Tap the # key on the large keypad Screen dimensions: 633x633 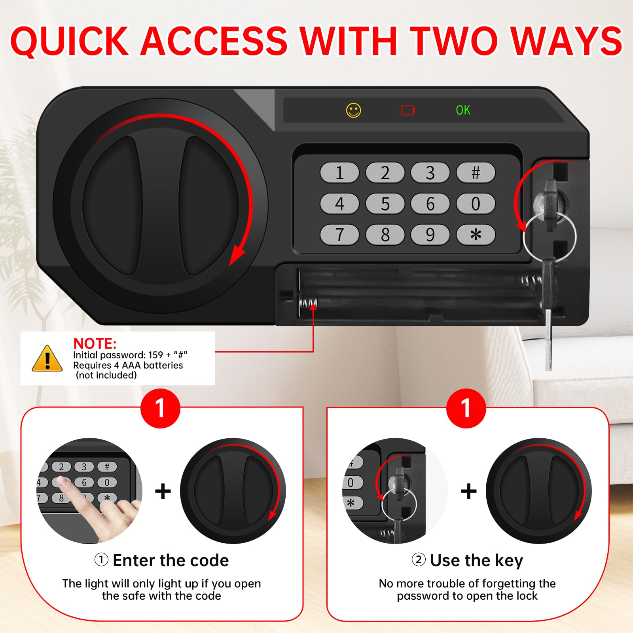[x=476, y=172]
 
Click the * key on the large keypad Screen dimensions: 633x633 [x=476, y=235]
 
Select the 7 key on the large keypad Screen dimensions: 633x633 [x=339, y=235]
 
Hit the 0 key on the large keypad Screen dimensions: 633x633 [x=476, y=204]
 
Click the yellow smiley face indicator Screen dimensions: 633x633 [x=354, y=110]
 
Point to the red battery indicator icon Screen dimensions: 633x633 [x=408, y=110]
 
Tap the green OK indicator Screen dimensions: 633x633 [x=463, y=110]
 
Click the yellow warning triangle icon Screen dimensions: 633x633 [x=47, y=358]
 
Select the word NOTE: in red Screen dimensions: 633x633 [x=95, y=343]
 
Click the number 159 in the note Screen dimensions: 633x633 [x=155, y=355]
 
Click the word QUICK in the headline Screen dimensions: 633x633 [x=70, y=42]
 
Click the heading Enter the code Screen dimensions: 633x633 [x=171, y=560]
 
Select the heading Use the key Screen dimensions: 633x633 [x=477, y=561]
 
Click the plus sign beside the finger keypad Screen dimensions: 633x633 [x=163, y=491]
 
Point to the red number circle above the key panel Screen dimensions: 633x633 [x=466, y=408]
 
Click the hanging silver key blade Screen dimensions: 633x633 [x=548, y=339]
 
